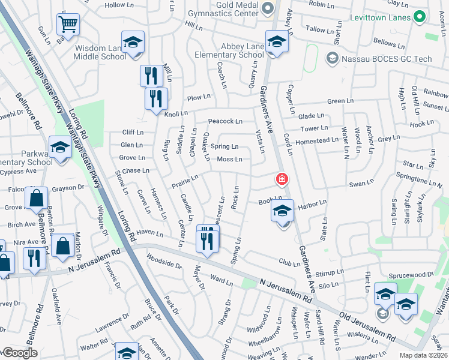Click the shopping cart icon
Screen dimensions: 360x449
68,25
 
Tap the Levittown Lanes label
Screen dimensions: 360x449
381,17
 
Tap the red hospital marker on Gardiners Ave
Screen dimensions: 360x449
280,179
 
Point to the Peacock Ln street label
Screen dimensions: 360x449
225,121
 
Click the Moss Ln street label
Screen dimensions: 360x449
229,159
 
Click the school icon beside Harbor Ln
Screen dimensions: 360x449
282,211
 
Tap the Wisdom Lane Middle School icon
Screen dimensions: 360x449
133,43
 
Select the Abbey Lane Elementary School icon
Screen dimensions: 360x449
277,41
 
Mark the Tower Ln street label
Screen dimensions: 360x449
315,128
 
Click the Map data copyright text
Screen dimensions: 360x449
426,355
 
